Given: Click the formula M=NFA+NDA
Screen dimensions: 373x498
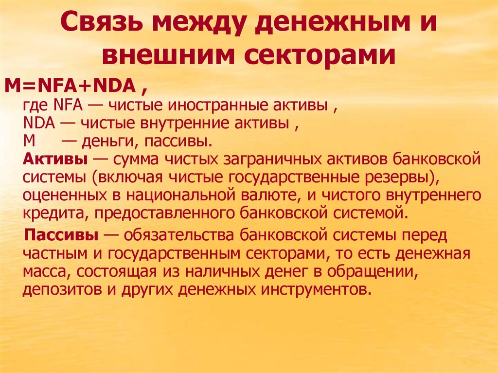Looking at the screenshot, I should (x=70, y=87).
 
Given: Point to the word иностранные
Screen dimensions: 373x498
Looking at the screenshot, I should (x=230, y=106).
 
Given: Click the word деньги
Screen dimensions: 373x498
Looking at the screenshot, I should (x=104, y=142).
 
